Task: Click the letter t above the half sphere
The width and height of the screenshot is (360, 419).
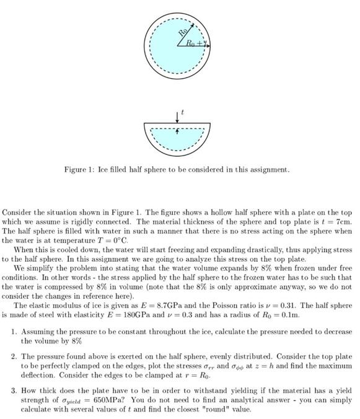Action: (183, 112)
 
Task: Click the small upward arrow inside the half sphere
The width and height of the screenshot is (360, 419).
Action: (178, 130)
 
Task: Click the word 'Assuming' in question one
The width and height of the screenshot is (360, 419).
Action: (38, 332)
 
